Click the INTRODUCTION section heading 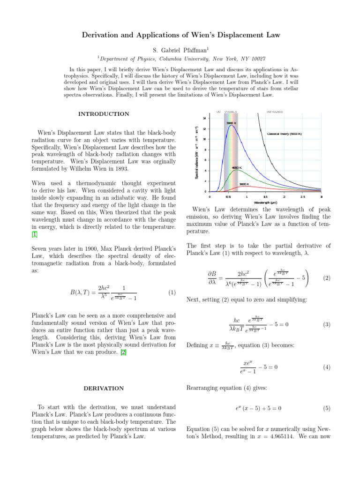coord(104,114)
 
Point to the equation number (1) coord(171,292)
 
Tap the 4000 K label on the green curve coord(237,167)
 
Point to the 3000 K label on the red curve coord(244,184)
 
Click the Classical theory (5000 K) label coord(285,134)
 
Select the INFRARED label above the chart coord(274,112)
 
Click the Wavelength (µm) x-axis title coord(265,202)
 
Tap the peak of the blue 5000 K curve coord(231,125)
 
